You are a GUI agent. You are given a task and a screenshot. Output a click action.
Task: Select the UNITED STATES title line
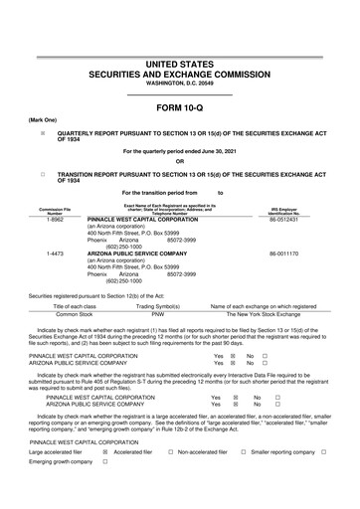[x=180, y=64]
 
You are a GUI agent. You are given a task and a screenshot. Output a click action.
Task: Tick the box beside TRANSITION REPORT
[x=43, y=174]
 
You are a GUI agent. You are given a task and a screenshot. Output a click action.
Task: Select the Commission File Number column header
[x=56, y=209]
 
